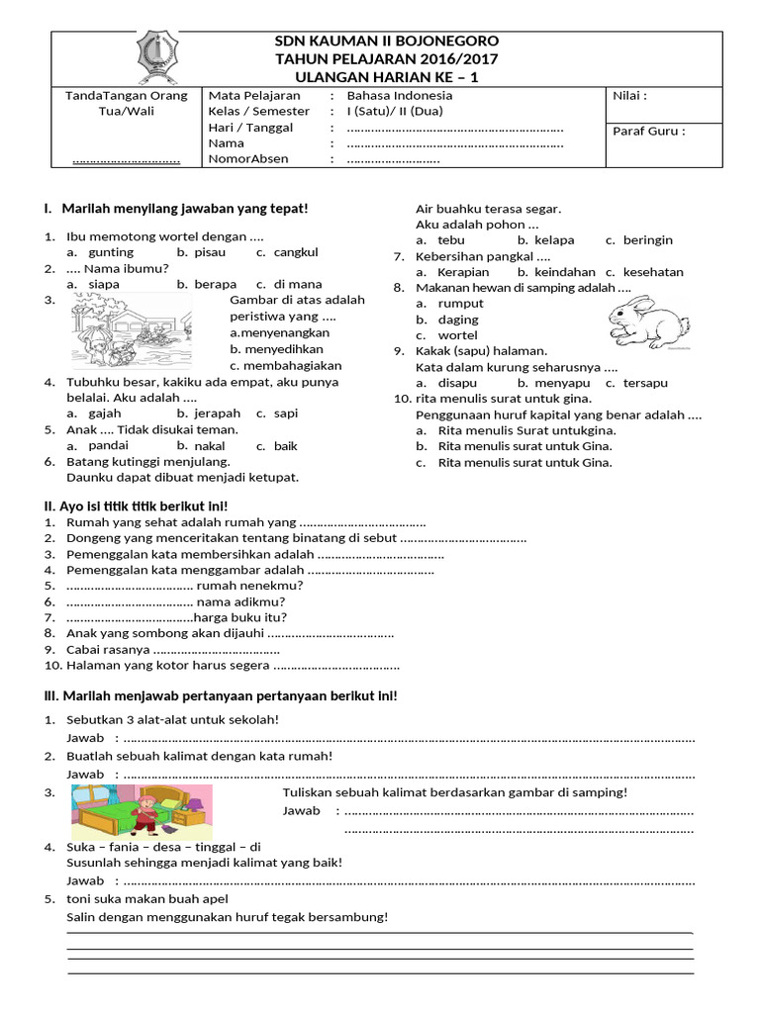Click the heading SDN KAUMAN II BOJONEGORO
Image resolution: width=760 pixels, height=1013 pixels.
[x=386, y=41]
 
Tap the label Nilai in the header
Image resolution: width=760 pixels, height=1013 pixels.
[x=630, y=96]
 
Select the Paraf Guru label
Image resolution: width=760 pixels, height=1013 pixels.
[x=649, y=130]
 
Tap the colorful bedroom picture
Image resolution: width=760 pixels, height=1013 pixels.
[x=142, y=811]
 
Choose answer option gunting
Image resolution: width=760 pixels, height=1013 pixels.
[x=111, y=252]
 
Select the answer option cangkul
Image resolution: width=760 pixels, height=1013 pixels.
[x=296, y=252]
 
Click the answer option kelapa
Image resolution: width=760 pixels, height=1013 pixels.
[x=554, y=240]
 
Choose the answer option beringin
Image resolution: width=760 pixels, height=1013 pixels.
[x=647, y=240]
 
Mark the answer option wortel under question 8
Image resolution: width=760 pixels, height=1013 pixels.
[x=457, y=335]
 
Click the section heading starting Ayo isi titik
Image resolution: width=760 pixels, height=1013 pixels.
[x=136, y=506]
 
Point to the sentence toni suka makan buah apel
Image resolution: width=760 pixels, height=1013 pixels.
[x=146, y=898]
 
